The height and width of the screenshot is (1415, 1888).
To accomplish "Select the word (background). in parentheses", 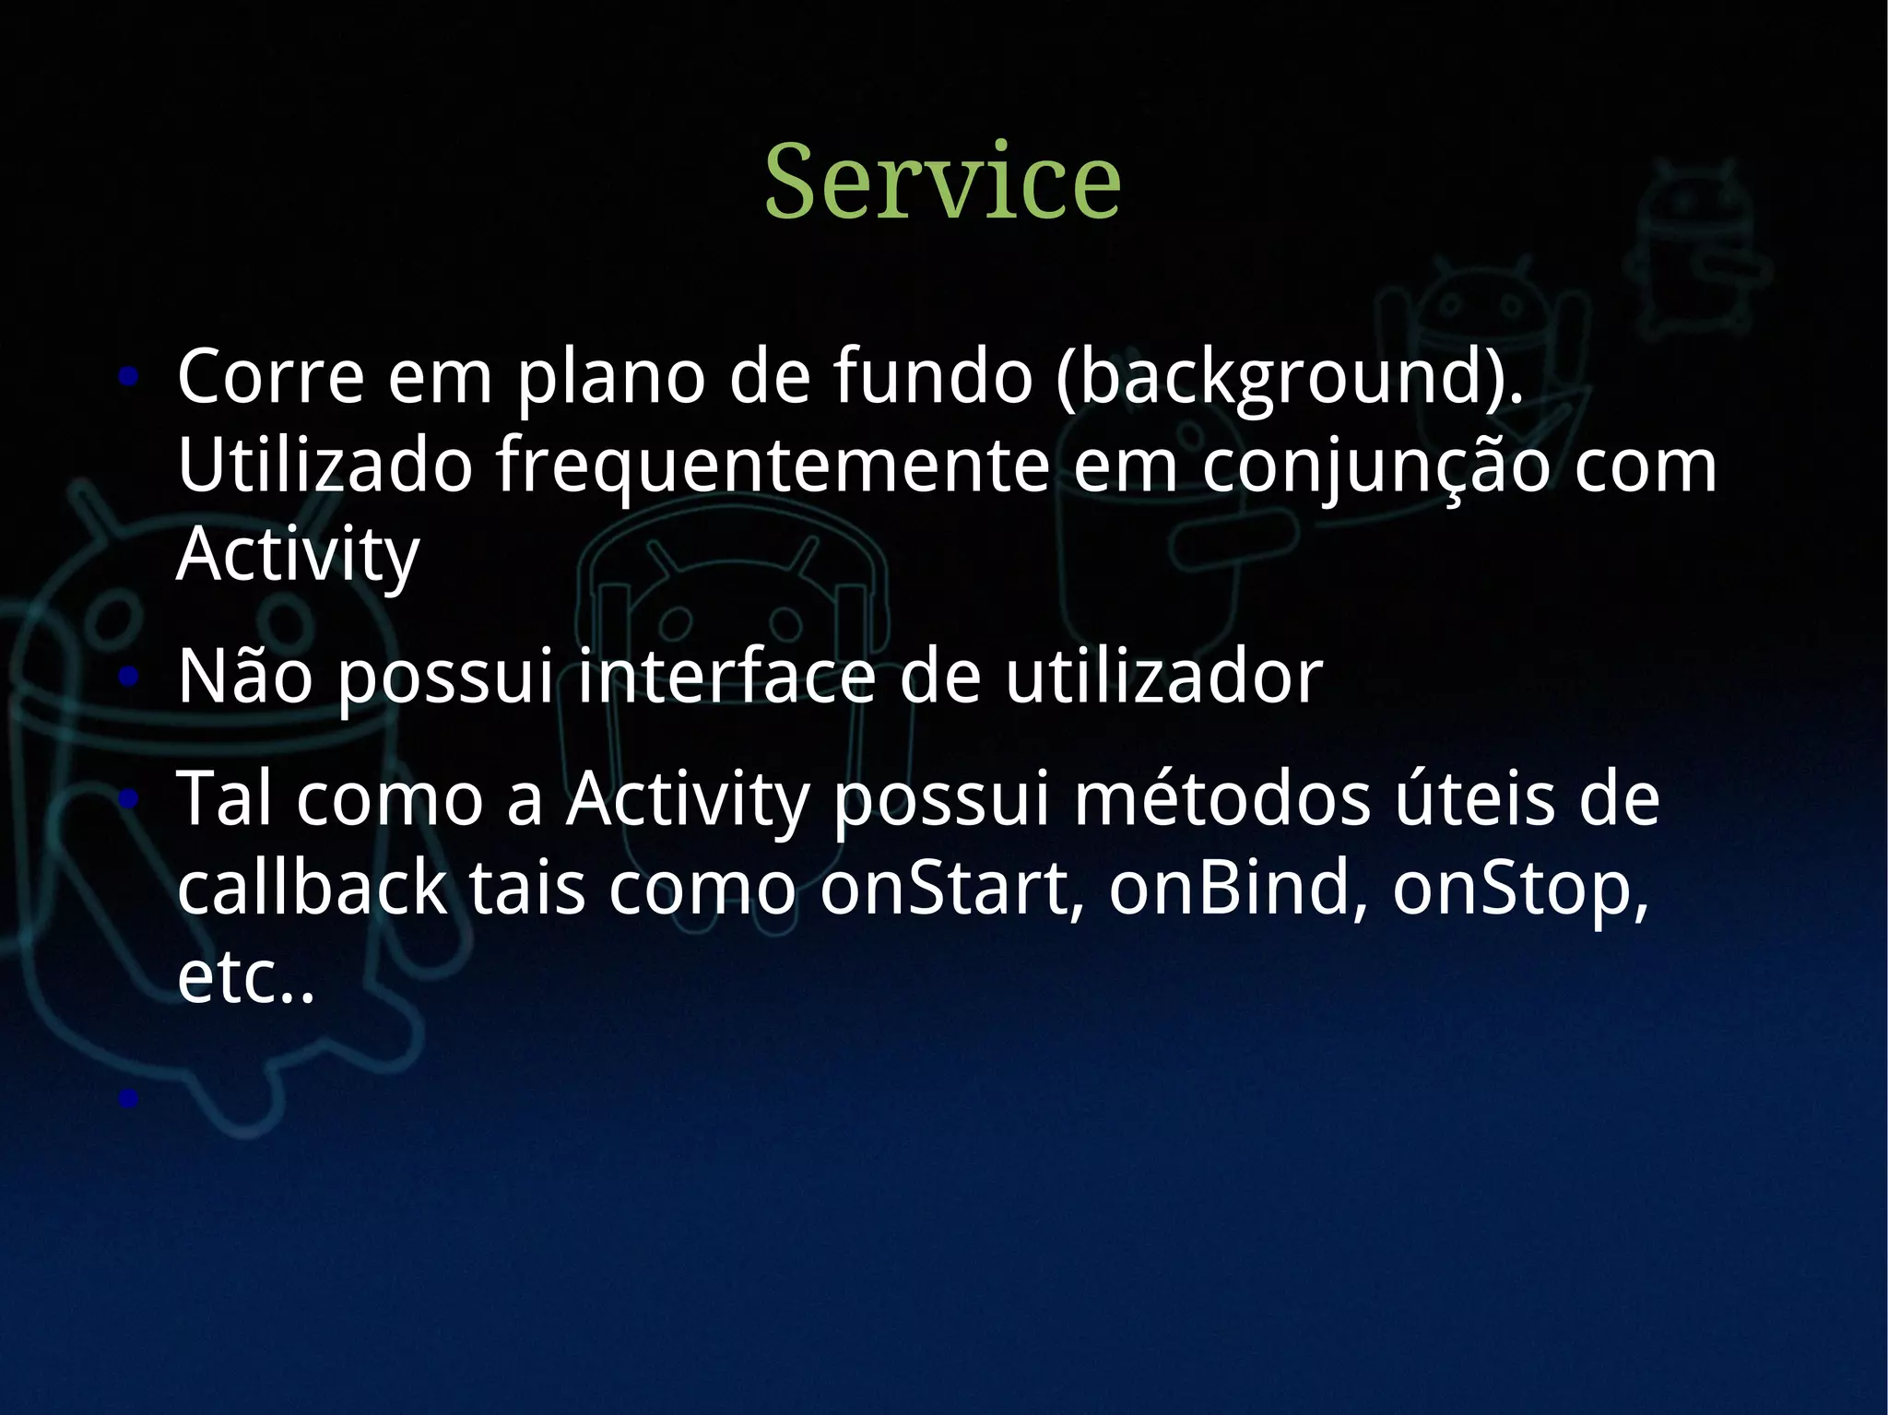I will pyautogui.click(x=1290, y=378).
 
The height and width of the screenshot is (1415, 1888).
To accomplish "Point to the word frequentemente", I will pyautogui.click(x=773, y=466).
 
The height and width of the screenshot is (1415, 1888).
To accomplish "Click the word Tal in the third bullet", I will pyautogui.click(x=224, y=798).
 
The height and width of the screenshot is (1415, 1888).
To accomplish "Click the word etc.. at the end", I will pyautogui.click(x=245, y=977).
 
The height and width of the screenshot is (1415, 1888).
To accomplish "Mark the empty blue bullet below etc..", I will pyautogui.click(x=128, y=1098).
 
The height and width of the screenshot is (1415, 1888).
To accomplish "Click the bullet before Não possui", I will pyautogui.click(x=128, y=678).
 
